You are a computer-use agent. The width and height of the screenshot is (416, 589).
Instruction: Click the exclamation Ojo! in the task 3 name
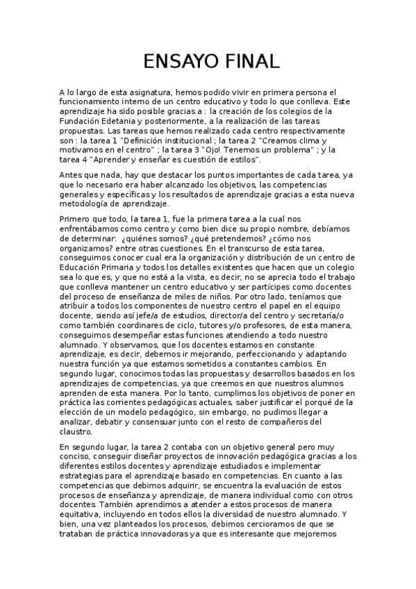pos(224,149)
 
